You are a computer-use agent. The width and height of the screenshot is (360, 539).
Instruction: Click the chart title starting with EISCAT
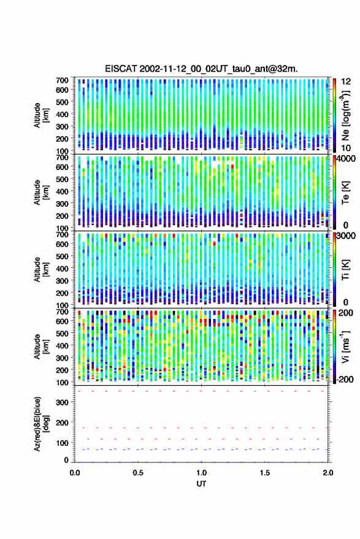pos(202,69)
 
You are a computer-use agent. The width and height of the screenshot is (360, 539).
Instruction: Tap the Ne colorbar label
pos(345,115)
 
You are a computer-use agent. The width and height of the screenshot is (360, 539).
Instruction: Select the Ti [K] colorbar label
pos(345,270)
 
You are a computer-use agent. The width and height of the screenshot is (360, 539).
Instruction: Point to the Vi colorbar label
pos(345,346)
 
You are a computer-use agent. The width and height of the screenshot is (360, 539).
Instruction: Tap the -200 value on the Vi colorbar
pos(345,380)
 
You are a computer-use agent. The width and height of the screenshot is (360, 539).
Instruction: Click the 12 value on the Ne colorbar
pos(347,82)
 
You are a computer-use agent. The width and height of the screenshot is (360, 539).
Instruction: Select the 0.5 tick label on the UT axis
pos(138,473)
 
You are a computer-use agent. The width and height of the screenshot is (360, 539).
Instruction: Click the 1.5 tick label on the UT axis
pos(265,473)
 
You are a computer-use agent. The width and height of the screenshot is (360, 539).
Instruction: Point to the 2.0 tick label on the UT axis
pos(328,473)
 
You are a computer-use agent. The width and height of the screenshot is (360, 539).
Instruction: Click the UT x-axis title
pos(202,484)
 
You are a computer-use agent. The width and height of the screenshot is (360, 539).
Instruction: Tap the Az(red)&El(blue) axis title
pos(41,424)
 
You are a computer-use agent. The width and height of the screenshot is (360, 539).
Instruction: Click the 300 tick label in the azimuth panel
pos(63,402)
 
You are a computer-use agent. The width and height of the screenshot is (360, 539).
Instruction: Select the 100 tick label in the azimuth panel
pos(63,443)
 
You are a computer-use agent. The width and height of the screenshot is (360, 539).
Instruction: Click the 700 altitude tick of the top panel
pos(62,80)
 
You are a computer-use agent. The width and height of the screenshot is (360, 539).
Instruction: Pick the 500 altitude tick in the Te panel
pos(62,179)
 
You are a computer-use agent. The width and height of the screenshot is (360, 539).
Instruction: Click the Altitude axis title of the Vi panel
pos(41,346)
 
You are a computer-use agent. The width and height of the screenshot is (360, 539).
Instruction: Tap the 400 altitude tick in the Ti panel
pos(62,269)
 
